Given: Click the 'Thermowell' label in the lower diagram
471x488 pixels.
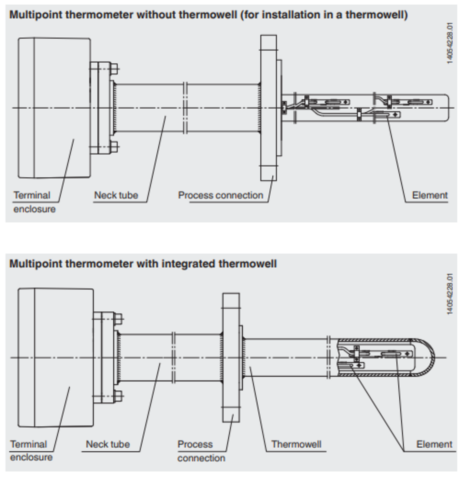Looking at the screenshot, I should pyautogui.click(x=296, y=444).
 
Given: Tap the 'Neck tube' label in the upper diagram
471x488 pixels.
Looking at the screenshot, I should pyautogui.click(x=116, y=195).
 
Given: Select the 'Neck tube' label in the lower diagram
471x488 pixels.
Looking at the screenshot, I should pyautogui.click(x=107, y=444).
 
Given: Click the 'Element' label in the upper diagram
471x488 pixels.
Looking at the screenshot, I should pyautogui.click(x=430, y=195).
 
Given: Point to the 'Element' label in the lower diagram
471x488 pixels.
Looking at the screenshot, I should pyautogui.click(x=434, y=444).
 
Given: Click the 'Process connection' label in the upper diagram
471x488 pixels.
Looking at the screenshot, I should pyautogui.click(x=221, y=195).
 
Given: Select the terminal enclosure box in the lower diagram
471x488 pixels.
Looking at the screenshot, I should pyautogui.click(x=56, y=358).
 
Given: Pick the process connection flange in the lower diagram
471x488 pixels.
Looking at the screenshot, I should pyautogui.click(x=231, y=358).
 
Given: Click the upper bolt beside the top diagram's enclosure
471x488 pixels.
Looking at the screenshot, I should pyautogui.click(x=114, y=69).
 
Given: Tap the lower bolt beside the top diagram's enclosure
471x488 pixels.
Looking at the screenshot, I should pyautogui.click(x=114, y=147).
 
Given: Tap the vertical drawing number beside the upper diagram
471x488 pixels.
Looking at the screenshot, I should pyautogui.click(x=450, y=43).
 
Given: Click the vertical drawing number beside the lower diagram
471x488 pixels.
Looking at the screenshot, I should pyautogui.click(x=450, y=294).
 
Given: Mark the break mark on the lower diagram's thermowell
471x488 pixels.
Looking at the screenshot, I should pyautogui.click(x=328, y=358).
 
